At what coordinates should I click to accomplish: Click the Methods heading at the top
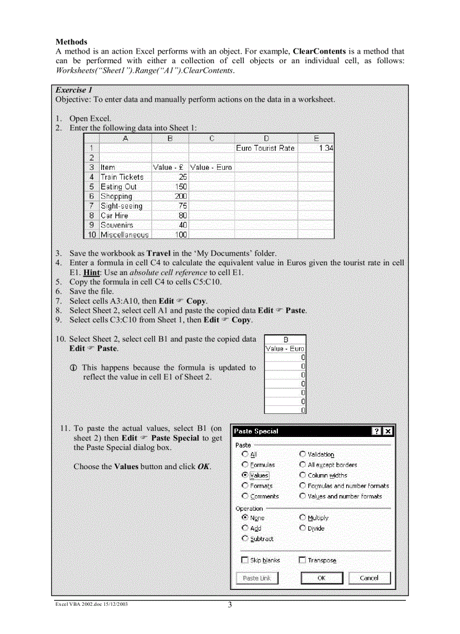(x=72, y=42)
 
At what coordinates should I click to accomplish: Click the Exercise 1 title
(x=74, y=90)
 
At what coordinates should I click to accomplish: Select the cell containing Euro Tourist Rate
(x=265, y=148)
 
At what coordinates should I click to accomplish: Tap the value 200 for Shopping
(x=170, y=196)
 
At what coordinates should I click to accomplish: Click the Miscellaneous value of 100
(x=170, y=235)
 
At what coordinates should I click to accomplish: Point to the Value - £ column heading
(x=170, y=168)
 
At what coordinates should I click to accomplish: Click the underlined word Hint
(x=91, y=272)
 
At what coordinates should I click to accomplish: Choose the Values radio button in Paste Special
(x=245, y=475)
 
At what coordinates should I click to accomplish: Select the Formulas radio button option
(x=245, y=465)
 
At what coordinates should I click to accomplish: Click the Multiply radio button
(x=303, y=518)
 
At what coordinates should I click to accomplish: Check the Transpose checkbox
(x=302, y=560)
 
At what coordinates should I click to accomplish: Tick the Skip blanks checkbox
(x=245, y=560)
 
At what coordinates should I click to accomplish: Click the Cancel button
(x=369, y=578)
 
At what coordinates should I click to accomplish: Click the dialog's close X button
(x=387, y=431)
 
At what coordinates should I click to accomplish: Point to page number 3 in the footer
(x=230, y=605)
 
